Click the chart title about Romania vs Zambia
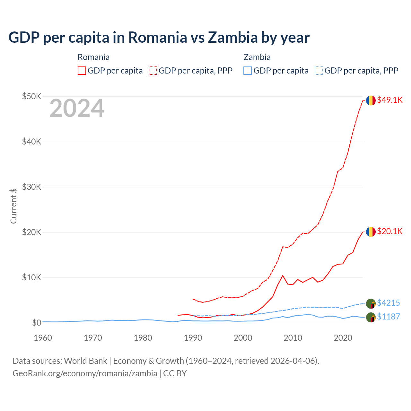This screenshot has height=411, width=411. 159,38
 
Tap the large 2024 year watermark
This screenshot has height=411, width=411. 77,109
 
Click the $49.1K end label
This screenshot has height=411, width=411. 389,100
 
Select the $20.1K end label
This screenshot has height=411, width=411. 389,231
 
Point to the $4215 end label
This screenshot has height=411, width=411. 388,303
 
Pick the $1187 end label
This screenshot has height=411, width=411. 388,317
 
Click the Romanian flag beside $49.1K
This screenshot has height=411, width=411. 371,101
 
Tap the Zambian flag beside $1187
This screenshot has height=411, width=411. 371,317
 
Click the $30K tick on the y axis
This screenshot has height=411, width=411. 31,187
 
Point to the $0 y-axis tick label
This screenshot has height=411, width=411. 37,323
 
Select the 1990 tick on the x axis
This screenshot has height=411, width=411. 193,338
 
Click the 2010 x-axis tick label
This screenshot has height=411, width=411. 293,338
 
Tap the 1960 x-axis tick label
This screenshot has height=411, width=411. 43,338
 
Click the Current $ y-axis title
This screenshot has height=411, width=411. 13,206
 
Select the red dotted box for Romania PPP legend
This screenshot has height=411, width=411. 153,71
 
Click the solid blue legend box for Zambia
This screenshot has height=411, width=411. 247,71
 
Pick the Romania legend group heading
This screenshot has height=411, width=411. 93,57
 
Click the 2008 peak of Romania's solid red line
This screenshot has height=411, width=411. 283,275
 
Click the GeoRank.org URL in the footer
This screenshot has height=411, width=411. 85,373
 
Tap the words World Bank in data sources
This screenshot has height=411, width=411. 85,361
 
